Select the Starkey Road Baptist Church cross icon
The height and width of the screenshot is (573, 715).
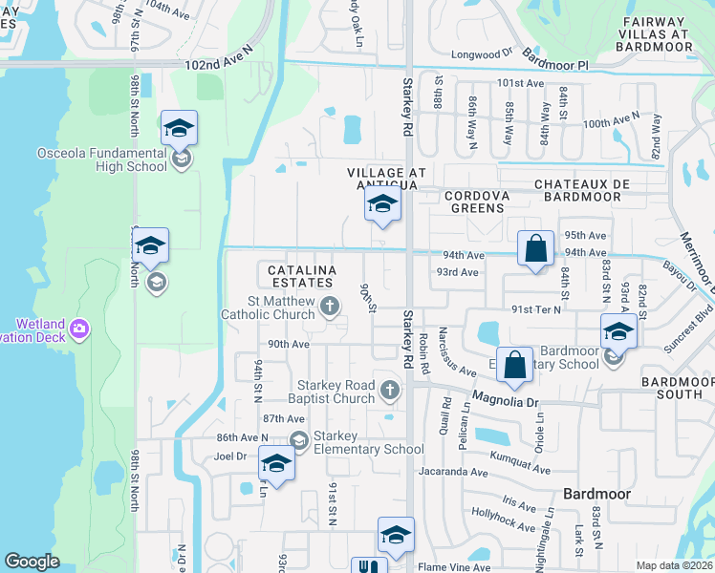pyautogui.click(x=389, y=389)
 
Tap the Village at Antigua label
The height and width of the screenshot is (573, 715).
pyautogui.click(x=382, y=178)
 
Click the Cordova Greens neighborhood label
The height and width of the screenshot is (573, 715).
pyautogui.click(x=471, y=201)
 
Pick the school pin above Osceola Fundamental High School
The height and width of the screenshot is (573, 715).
pyautogui.click(x=179, y=128)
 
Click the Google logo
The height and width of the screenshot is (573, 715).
pyautogui.click(x=32, y=562)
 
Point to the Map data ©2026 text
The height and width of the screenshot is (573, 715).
pyautogui.click(x=673, y=565)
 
